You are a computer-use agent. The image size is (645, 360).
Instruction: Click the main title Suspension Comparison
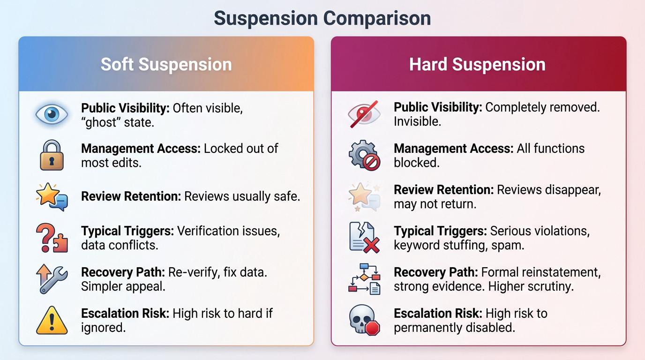pos(322,18)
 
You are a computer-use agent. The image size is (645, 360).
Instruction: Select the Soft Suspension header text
pos(166,64)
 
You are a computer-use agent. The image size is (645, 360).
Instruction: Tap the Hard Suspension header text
pos(477,64)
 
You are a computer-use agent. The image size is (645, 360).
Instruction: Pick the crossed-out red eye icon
pos(364,114)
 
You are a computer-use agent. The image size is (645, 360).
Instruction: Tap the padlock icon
pos(52,155)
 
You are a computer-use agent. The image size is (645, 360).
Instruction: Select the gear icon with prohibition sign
pos(364,155)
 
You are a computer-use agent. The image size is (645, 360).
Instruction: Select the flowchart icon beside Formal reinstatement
pos(364,279)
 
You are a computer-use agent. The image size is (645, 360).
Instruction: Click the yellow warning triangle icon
pos(52,320)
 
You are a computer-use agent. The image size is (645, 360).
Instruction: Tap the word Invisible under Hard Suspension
pos(417,122)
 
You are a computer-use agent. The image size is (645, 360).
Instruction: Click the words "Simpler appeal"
pos(123,286)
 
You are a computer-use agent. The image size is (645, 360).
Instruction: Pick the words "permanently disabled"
pos(454,328)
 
